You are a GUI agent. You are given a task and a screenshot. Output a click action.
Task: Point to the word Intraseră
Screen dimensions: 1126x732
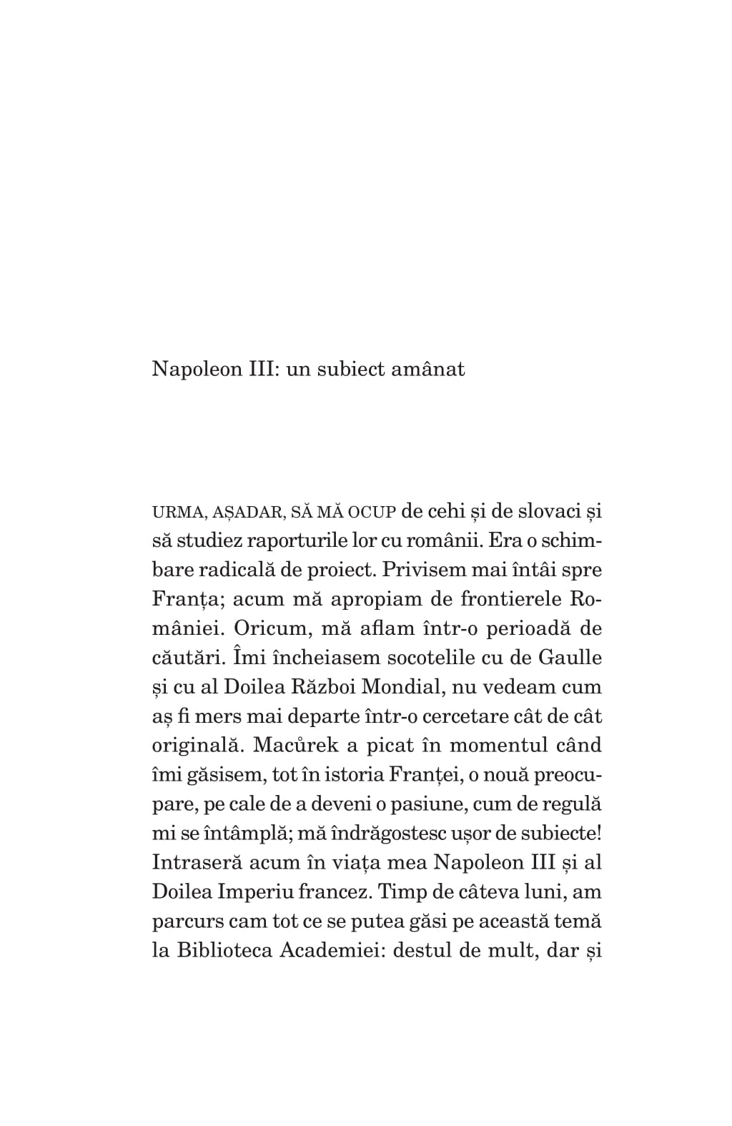point(196,862)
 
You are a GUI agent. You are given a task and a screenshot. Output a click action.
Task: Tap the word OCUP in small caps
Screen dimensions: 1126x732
point(372,513)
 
